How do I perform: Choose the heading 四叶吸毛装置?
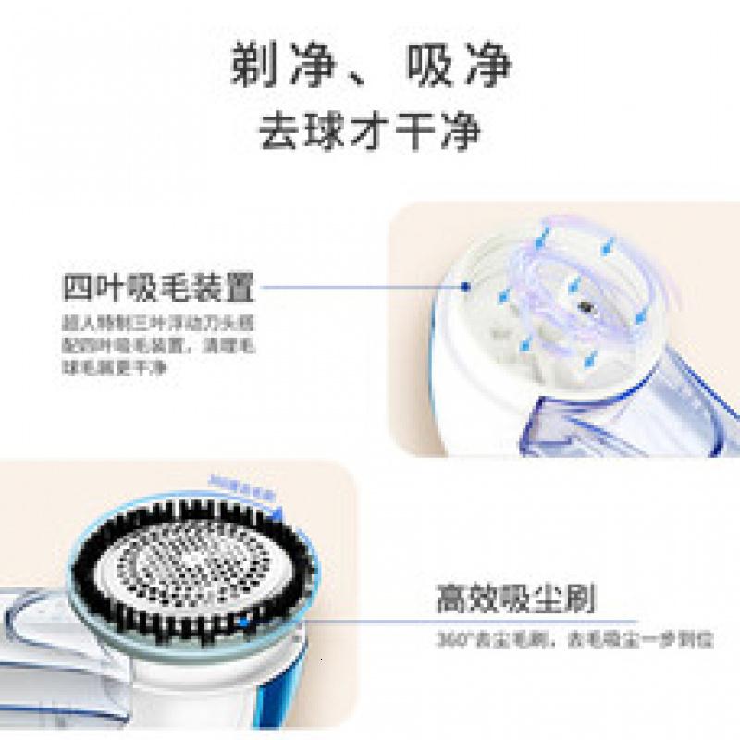158,288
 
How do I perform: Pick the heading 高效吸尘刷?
515,598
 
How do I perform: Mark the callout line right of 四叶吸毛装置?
361,288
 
